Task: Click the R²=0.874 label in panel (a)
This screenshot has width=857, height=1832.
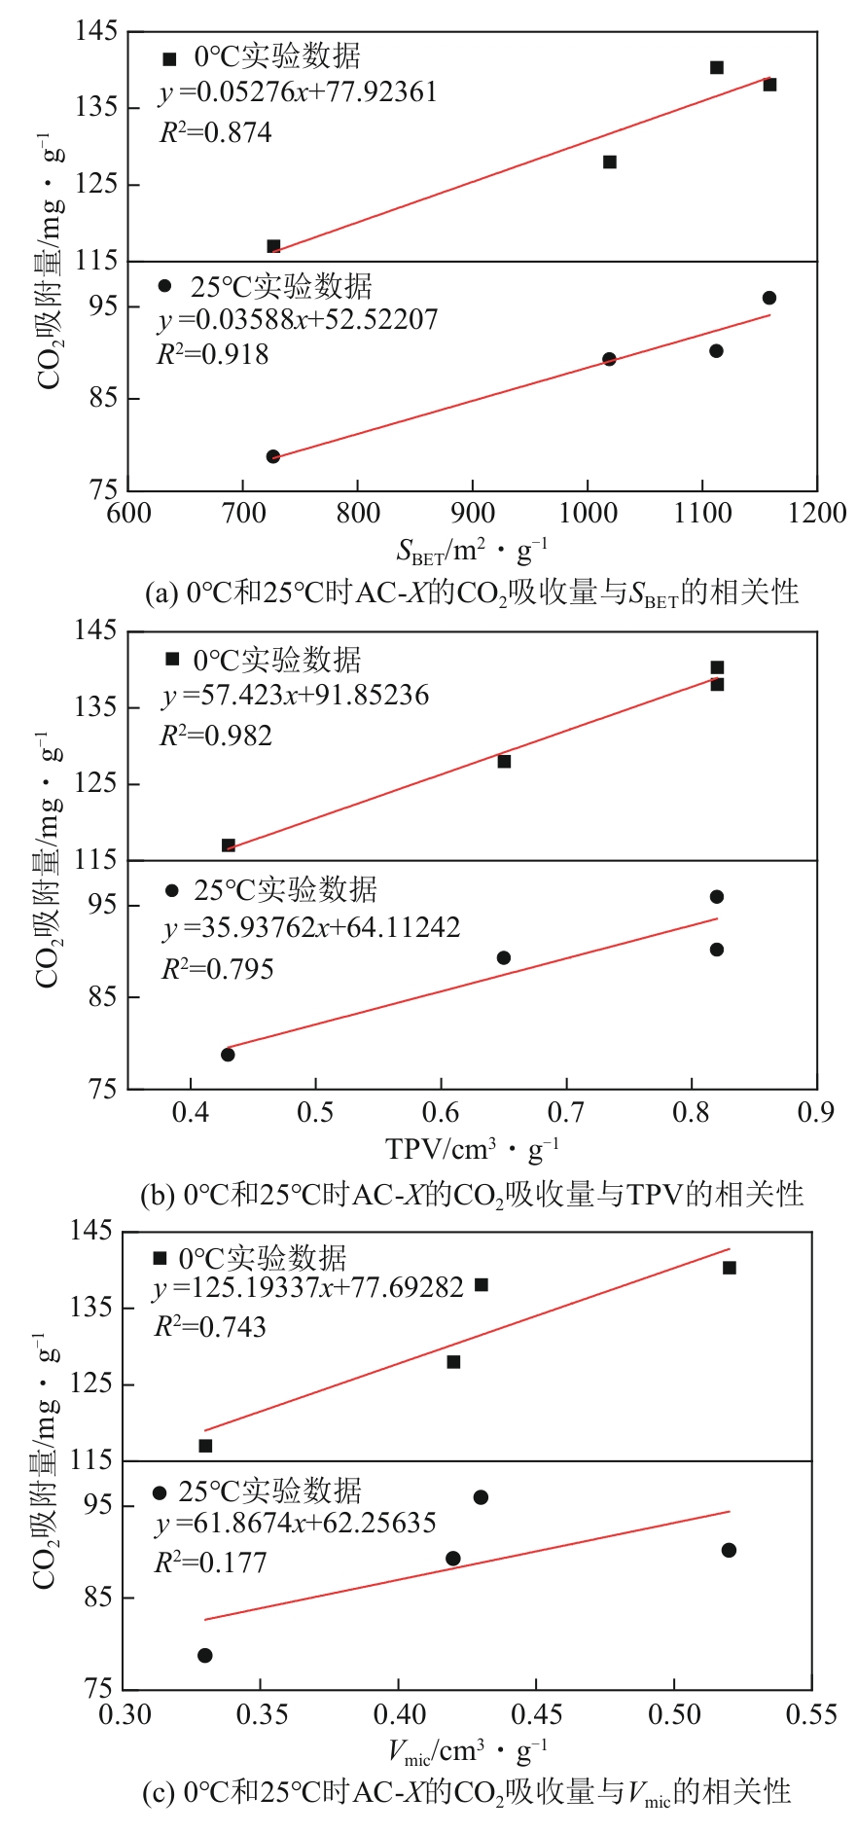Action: (x=215, y=132)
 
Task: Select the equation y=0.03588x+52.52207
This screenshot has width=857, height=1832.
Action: (x=298, y=319)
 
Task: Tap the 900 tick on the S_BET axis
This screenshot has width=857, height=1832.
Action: (x=473, y=514)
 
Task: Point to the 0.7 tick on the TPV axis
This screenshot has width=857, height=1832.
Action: (x=566, y=1112)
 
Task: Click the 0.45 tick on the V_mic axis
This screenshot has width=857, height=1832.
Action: (x=536, y=1713)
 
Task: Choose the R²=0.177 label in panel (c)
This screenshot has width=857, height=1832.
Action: (x=210, y=1563)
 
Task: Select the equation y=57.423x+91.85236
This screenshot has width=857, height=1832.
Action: (x=296, y=695)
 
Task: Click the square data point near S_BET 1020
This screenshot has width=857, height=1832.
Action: (x=610, y=162)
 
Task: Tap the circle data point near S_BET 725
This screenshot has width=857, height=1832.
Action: (x=273, y=456)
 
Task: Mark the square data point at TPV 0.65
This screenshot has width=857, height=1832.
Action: (x=504, y=761)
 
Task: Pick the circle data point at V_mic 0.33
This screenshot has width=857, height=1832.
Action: (x=205, y=1655)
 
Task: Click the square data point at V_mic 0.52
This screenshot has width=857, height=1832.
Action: (x=730, y=1268)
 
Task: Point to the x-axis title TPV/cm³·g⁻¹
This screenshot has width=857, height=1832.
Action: (x=473, y=1150)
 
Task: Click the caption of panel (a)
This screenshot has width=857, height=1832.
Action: (x=472, y=592)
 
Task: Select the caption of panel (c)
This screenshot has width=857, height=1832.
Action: (x=467, y=1791)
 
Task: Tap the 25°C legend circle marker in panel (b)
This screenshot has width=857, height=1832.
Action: (x=172, y=890)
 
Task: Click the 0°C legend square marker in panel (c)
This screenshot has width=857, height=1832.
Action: (x=161, y=1258)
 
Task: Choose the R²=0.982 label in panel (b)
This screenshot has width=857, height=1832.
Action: (x=216, y=736)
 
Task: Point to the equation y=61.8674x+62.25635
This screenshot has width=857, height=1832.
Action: (x=295, y=1523)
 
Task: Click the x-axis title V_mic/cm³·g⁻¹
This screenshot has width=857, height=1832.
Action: (x=468, y=1751)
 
